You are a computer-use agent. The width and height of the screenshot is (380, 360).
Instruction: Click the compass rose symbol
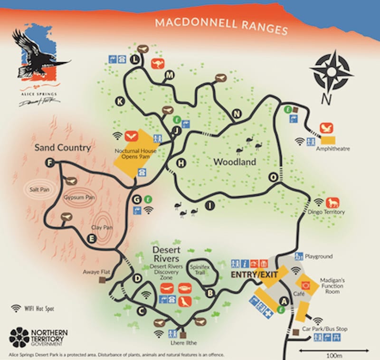(x=331, y=73)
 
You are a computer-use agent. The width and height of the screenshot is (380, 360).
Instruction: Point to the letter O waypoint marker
(x=274, y=177)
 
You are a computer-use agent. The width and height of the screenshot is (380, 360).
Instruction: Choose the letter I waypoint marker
(x=209, y=205)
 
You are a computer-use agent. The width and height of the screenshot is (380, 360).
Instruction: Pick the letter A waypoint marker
(x=285, y=300)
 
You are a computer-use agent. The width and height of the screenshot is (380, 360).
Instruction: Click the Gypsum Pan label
(x=76, y=198)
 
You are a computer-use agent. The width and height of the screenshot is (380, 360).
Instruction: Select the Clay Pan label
(x=101, y=227)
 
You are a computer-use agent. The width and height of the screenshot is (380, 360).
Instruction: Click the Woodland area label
(x=235, y=162)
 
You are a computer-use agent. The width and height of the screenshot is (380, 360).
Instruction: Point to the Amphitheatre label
(x=332, y=149)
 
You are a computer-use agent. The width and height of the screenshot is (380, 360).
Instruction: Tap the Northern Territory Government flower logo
(x=19, y=337)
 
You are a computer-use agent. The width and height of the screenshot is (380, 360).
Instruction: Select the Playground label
(x=319, y=256)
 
